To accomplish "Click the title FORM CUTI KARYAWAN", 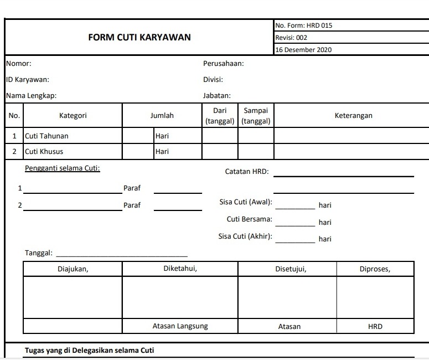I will tap(139, 38).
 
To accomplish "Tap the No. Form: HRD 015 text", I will tap(303, 25).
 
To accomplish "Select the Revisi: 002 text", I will tap(291, 38).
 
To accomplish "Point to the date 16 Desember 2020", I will tap(303, 50).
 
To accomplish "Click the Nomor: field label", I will tap(18, 64).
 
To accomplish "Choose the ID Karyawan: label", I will tap(28, 80).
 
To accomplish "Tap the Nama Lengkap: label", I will tap(31, 96).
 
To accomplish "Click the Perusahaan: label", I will tap(224, 64).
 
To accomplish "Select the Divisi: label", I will tap(213, 80).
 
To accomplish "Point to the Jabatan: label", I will tap(217, 96).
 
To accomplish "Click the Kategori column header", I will tap(73, 116).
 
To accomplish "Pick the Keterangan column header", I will tap(353, 116).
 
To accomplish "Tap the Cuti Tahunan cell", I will tap(47, 136).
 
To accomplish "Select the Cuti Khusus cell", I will tap(44, 152).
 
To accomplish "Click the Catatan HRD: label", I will tap(247, 172).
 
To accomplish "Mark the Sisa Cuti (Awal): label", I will tap(246, 203).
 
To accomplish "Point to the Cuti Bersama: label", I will tap(250, 219).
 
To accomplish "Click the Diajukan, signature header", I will tap(73, 269).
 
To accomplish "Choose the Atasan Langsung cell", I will tap(180, 326).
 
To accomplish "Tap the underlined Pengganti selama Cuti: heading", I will tap(63, 168).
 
